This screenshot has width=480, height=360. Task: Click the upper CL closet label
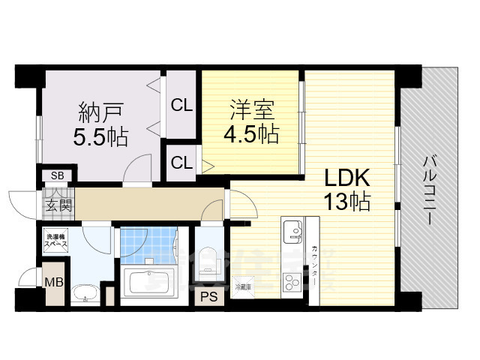coord(181,106)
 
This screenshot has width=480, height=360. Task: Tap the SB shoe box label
coord(57,175)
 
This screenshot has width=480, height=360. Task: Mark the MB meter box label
coord(53,283)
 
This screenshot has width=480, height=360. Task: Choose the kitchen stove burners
coord(291,283)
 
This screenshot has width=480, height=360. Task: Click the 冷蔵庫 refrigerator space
coord(244,286)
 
